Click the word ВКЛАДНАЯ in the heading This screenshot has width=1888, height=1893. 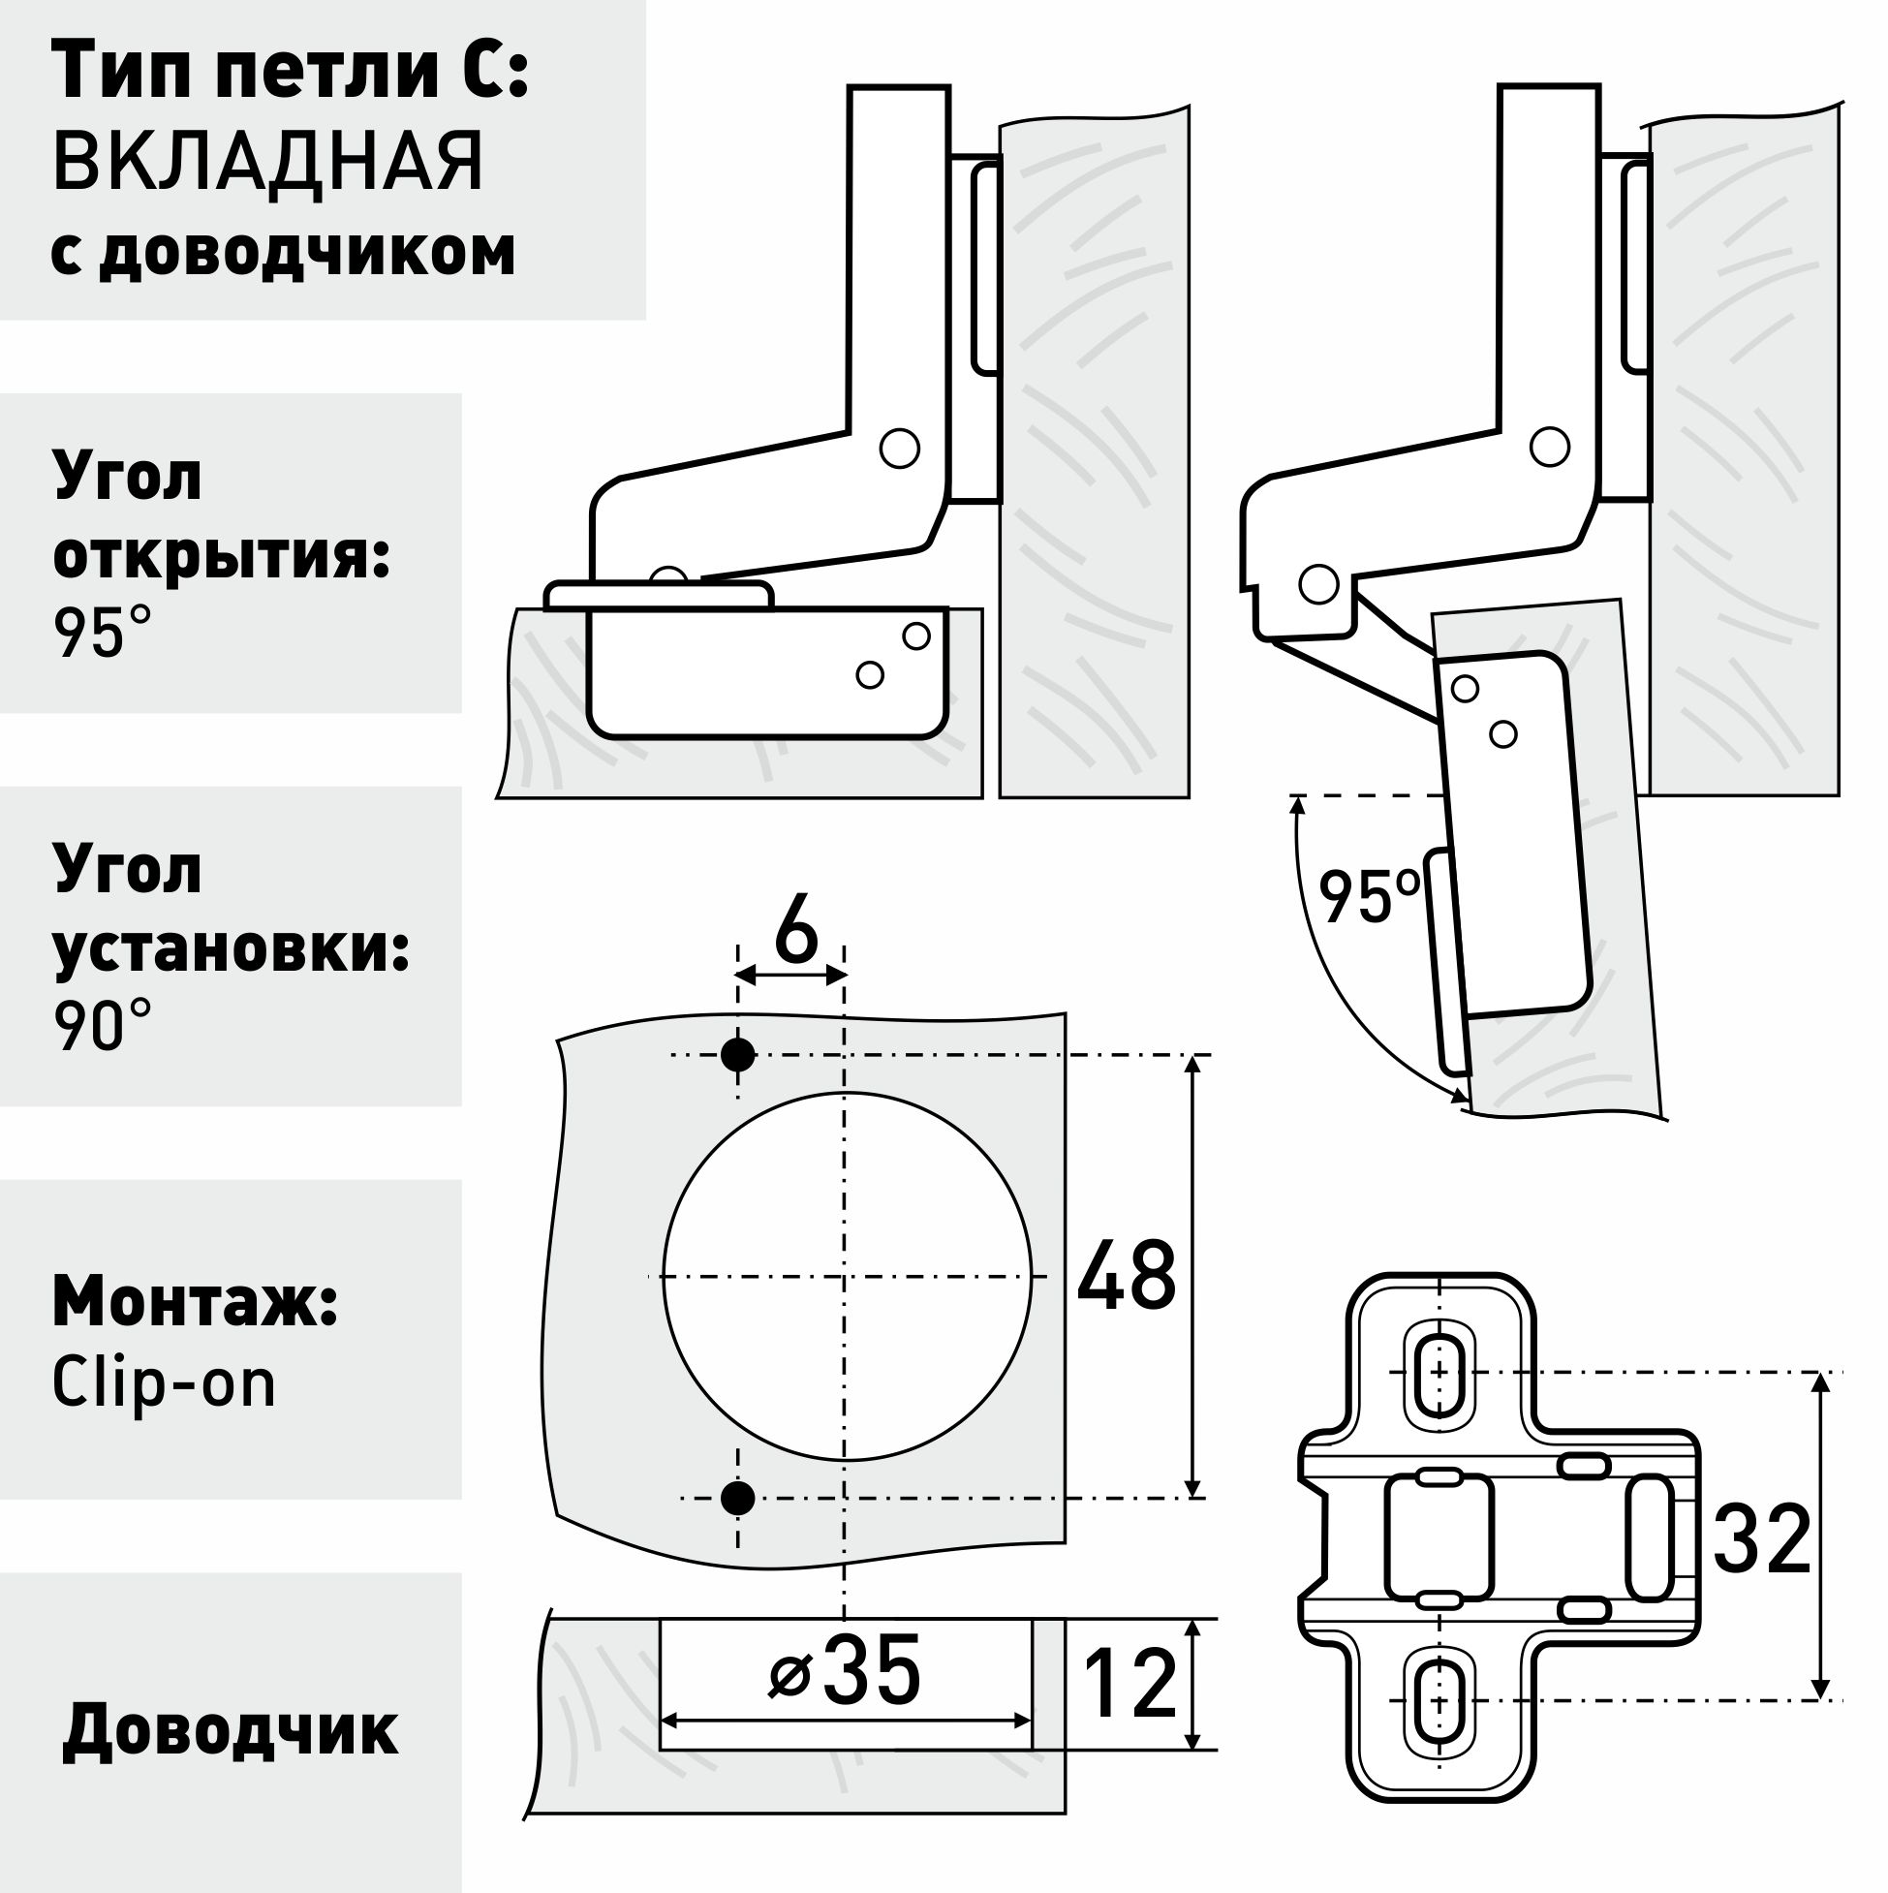click(x=267, y=161)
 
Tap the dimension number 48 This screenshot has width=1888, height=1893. click(x=1126, y=1277)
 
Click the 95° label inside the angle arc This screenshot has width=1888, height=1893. click(x=1368, y=896)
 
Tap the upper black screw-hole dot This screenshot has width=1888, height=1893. click(x=738, y=1055)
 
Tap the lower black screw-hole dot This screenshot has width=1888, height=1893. click(x=738, y=1498)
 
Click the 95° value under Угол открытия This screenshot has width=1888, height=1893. click(x=103, y=633)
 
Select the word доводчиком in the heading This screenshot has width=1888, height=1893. click(x=308, y=252)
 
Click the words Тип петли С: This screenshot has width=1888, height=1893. click(x=290, y=72)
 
